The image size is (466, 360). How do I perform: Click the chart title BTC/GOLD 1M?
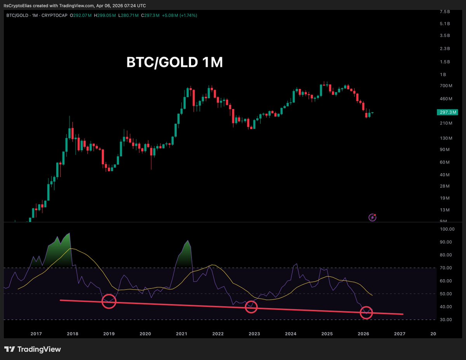tap(175, 63)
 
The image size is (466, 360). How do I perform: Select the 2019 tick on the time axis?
tap(109, 334)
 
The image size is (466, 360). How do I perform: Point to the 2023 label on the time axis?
tap(254, 334)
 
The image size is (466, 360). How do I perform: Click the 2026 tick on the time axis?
tap(363, 334)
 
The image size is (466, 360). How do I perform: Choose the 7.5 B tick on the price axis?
tap(445, 12)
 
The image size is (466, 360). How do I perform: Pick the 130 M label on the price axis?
tap(444, 138)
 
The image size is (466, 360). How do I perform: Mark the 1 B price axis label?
tap(443, 75)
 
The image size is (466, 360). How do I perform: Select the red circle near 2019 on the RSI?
tap(109, 301)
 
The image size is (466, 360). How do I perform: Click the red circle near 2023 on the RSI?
tap(252, 307)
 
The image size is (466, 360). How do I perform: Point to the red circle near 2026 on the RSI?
tap(366, 312)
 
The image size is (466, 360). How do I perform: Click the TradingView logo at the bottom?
tap(33, 349)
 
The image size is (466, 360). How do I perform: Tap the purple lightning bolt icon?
tap(372, 217)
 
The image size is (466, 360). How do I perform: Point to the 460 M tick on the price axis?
tap(444, 99)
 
